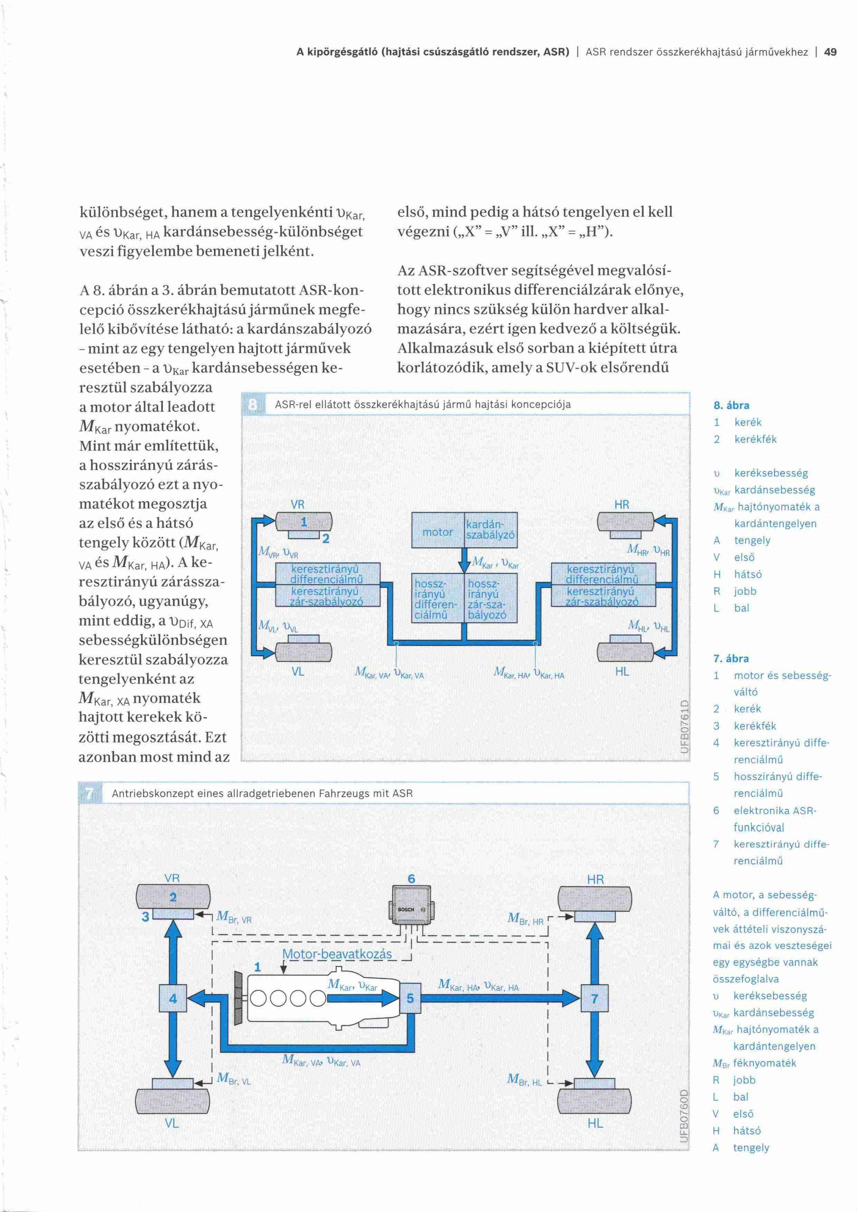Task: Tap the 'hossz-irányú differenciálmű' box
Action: click(437, 599)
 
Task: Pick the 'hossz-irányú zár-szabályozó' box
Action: click(491, 599)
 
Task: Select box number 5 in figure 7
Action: click(411, 998)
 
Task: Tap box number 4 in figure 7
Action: click(173, 998)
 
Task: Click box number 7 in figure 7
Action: click(595, 998)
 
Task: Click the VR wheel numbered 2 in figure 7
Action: click(173, 896)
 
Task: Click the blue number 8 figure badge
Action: click(253, 404)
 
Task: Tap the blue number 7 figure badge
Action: click(89, 793)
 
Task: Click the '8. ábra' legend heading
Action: click(732, 405)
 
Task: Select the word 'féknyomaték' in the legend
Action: click(765, 1063)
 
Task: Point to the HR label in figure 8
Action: click(622, 505)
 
